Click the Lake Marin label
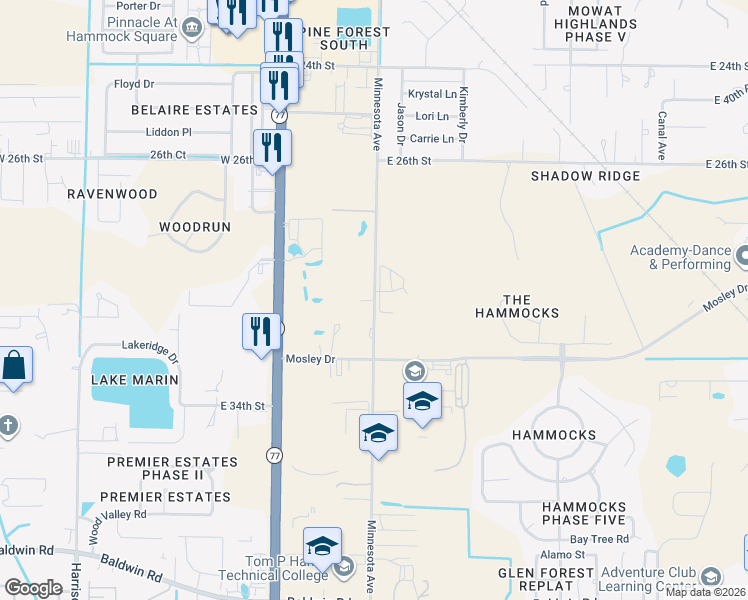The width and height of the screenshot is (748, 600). (134, 380)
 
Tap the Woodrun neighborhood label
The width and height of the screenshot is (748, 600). (195, 227)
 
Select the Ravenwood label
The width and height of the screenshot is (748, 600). (112, 194)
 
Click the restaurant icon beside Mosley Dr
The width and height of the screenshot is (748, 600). (261, 330)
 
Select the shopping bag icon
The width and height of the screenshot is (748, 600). (17, 365)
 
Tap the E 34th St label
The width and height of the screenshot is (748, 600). (242, 406)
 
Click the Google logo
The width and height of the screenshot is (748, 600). (33, 588)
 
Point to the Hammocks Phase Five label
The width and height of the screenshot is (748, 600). (584, 514)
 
